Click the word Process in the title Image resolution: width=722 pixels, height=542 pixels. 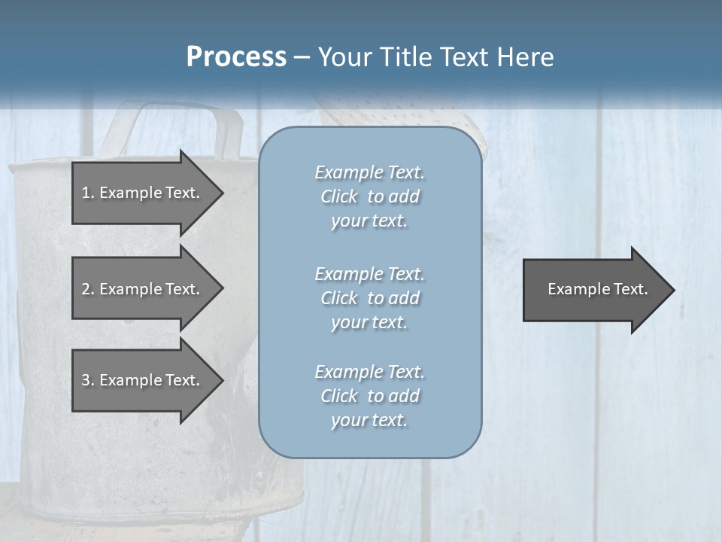pos(236,57)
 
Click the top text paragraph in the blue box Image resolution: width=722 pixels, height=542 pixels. pos(369,196)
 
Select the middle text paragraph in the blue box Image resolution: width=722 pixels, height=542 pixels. pos(369,298)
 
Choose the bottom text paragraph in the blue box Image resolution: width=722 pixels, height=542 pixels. pos(369,396)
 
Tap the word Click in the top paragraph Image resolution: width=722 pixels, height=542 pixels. pos(339,196)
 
